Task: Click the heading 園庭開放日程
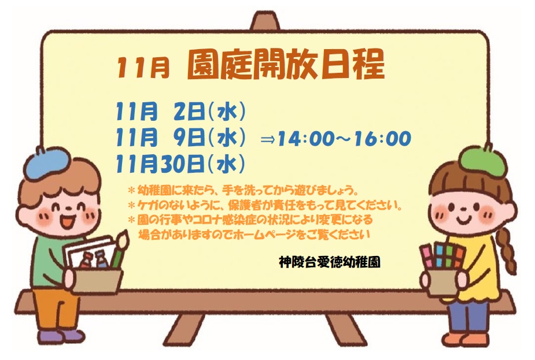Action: click(x=286, y=65)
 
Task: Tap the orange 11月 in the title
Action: click(x=143, y=68)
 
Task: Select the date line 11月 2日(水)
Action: click(x=180, y=112)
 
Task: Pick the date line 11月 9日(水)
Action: click(x=180, y=138)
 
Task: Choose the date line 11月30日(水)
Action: click(x=180, y=164)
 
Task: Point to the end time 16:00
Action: click(x=383, y=139)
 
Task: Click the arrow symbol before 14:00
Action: click(x=268, y=139)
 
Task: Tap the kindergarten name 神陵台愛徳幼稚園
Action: click(x=329, y=262)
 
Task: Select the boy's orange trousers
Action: click(x=56, y=309)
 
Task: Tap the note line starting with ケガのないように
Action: click(x=265, y=206)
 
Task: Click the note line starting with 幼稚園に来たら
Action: click(x=243, y=190)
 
